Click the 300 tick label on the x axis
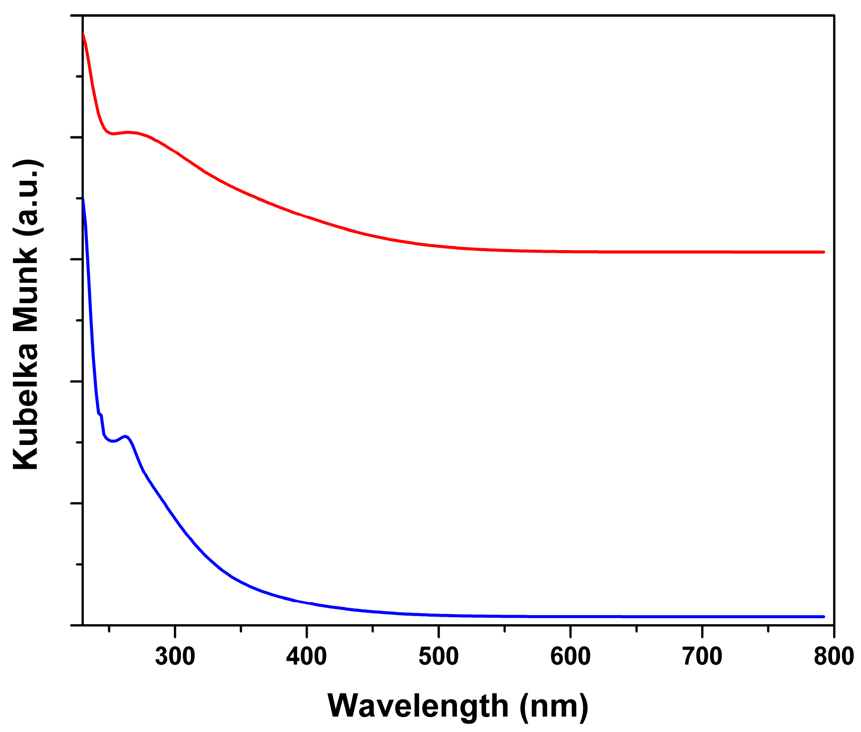point(175,656)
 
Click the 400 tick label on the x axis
point(307,656)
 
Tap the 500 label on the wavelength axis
point(438,656)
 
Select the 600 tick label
point(570,656)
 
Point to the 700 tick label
point(702,656)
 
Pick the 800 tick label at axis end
point(834,656)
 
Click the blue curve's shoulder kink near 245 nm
point(100,414)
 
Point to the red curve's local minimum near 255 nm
point(113,134)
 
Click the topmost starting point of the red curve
point(83,33)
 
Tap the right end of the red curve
point(824,252)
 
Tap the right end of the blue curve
point(824,617)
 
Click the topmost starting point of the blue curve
point(83,198)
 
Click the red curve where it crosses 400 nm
point(307,217)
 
